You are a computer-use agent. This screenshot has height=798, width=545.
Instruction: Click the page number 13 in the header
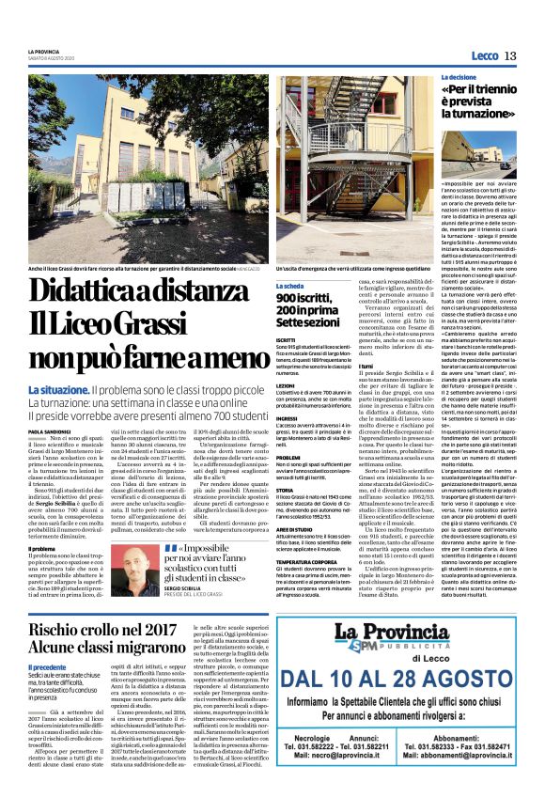(x=510, y=55)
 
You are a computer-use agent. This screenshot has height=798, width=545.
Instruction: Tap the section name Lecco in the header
(x=484, y=55)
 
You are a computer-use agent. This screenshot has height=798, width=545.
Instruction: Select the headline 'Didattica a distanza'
(x=136, y=291)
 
